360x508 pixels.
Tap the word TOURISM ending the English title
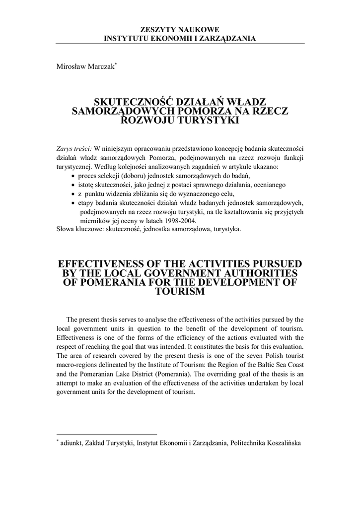[180, 292]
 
